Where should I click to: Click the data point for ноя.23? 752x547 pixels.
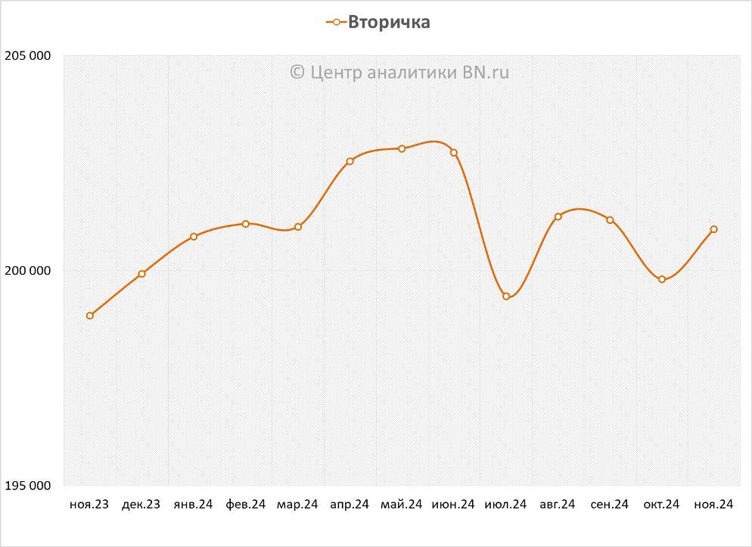[x=90, y=315]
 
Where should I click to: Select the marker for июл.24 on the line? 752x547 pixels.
[x=506, y=297]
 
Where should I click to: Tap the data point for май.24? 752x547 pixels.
[x=402, y=149]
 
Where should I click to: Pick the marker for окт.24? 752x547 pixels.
[x=662, y=279]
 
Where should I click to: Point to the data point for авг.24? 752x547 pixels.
[x=558, y=217]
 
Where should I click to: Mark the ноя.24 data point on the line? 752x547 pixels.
[x=714, y=229]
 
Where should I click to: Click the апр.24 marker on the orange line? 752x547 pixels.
[x=350, y=161]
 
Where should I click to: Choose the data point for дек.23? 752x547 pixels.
[x=141, y=274]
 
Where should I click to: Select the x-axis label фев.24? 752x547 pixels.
[x=245, y=505]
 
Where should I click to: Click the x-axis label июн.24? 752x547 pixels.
[x=453, y=505]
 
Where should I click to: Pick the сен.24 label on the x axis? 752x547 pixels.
[x=609, y=505]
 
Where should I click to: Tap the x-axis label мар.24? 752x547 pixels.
[x=297, y=505]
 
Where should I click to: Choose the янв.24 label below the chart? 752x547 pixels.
[x=193, y=505]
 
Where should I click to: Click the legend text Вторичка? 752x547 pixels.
[x=389, y=22]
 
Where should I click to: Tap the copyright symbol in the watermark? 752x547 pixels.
[x=297, y=72]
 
